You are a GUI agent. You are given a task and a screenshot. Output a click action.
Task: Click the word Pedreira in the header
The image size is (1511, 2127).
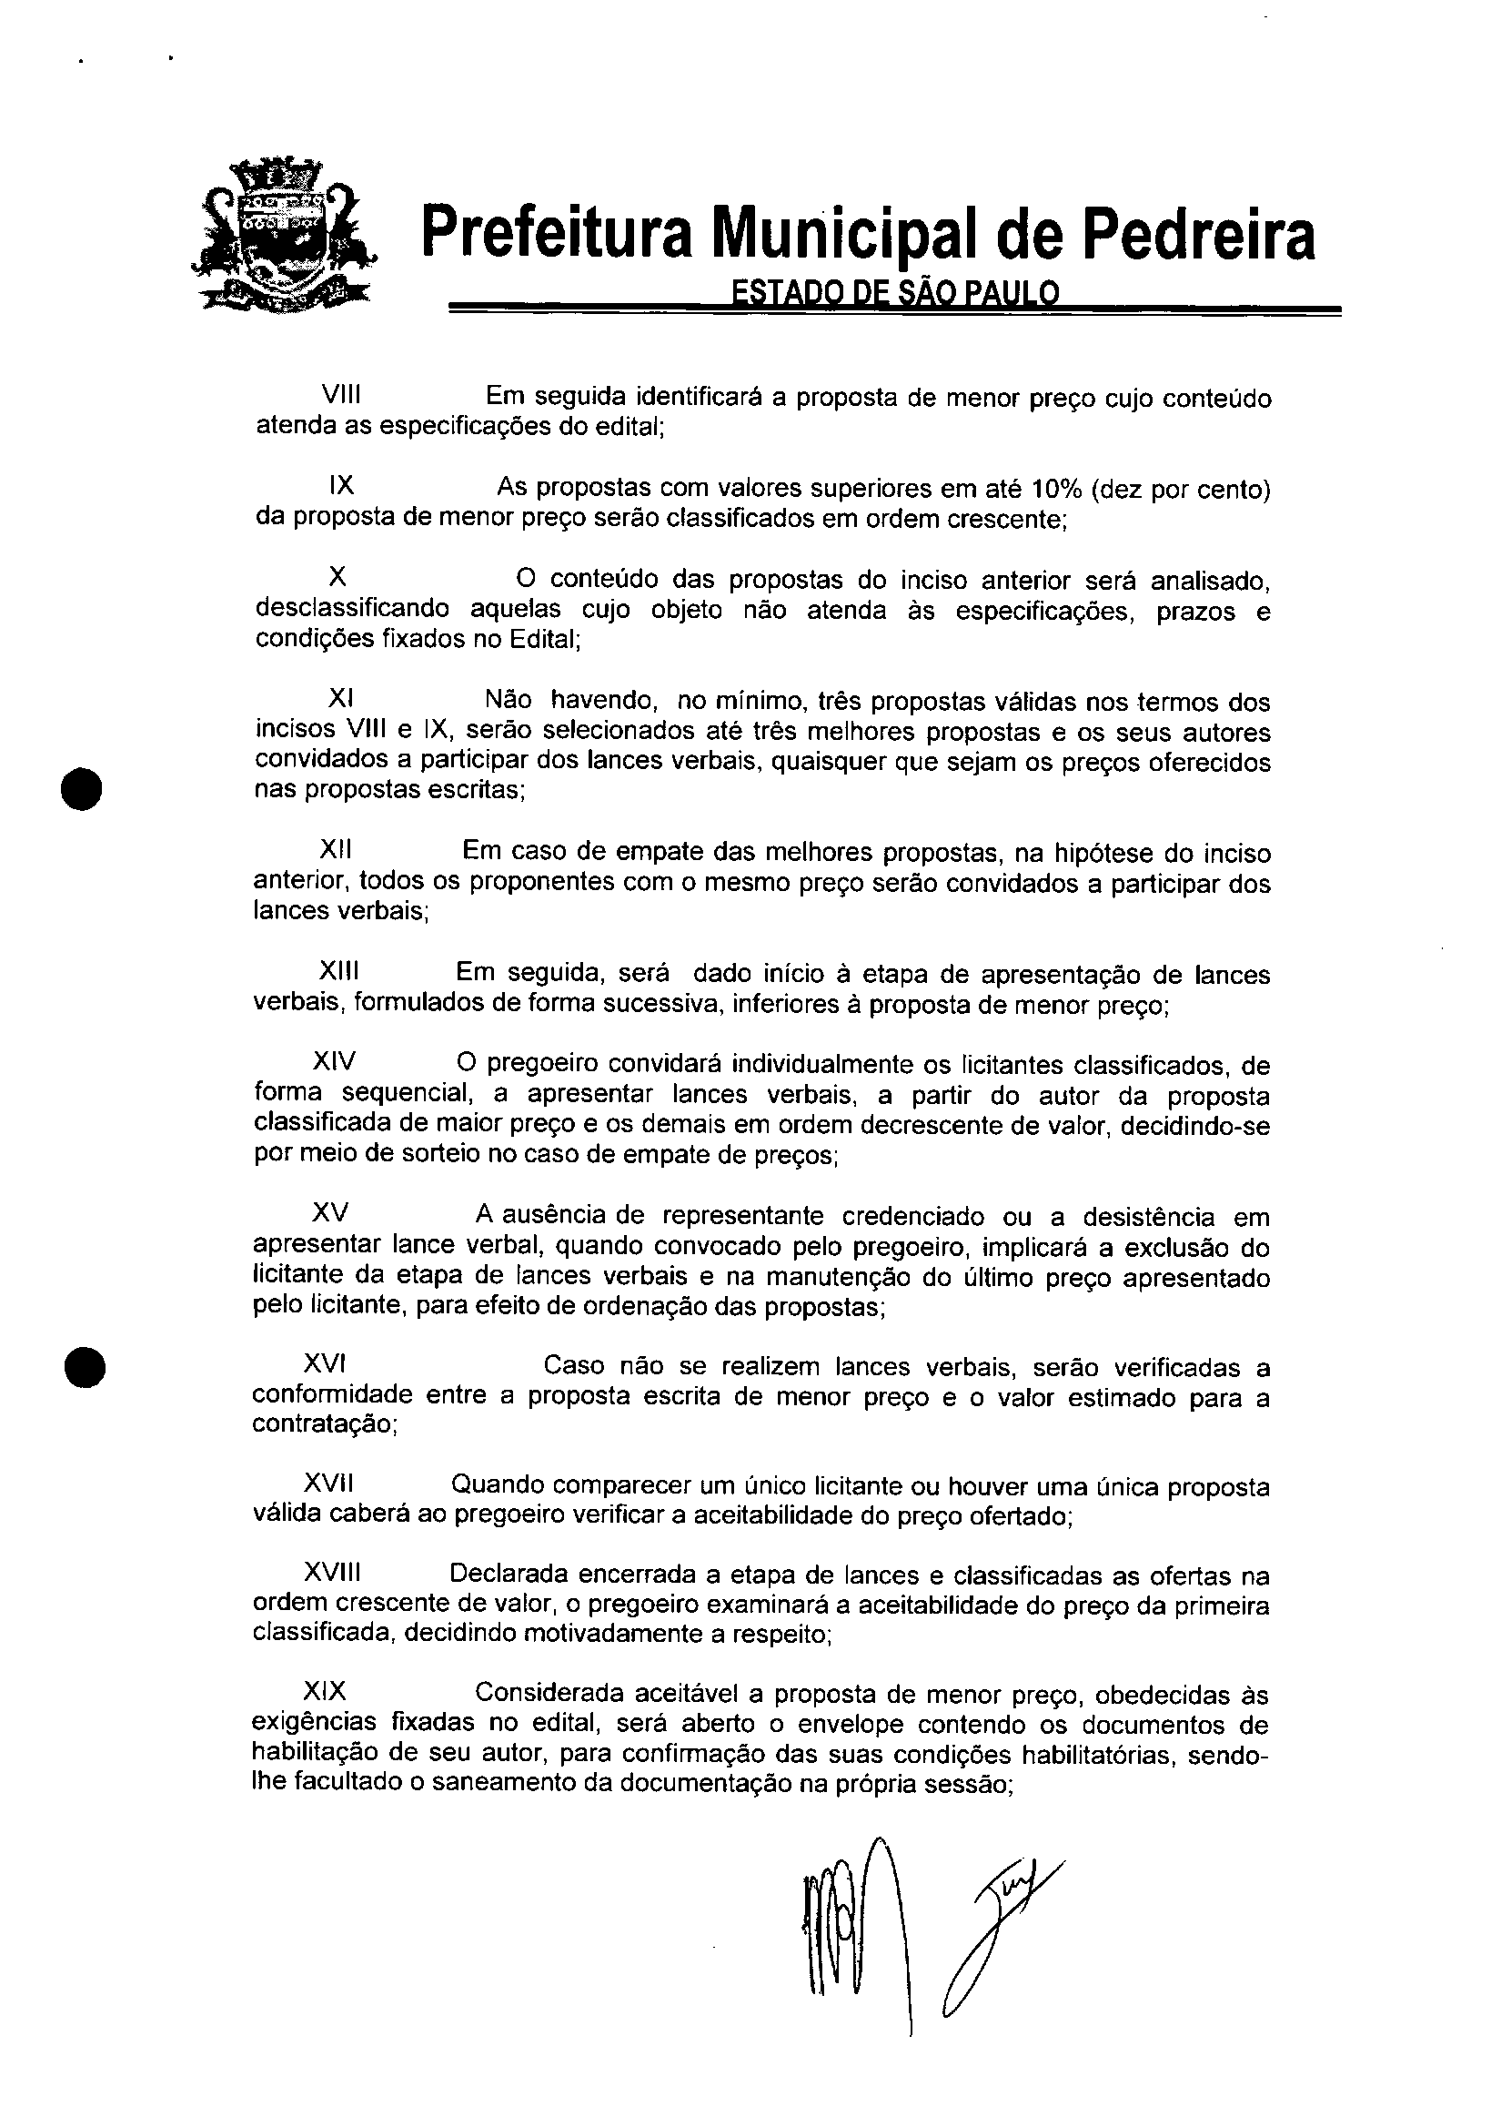coord(1201,235)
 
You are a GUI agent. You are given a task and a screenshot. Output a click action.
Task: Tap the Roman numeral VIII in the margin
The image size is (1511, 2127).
coord(340,395)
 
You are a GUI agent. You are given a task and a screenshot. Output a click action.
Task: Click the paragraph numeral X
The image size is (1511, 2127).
coord(337,577)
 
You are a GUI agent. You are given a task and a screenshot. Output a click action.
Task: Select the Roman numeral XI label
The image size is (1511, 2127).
coord(340,698)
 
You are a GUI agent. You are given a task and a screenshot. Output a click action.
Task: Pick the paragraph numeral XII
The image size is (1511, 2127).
coord(336,850)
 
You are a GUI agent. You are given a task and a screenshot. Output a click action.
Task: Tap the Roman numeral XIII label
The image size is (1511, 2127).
coord(338,972)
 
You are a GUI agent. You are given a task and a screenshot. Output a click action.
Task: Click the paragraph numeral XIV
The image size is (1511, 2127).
coord(334,1061)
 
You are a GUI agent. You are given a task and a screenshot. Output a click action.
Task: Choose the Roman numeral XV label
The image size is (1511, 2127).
coord(330,1213)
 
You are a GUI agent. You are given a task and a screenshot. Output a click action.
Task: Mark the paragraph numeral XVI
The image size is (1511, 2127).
coord(326,1364)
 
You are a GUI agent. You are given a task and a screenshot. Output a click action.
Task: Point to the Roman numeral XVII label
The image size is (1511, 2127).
coord(328,1484)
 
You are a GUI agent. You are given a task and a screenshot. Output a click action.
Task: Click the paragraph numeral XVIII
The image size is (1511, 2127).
coord(332,1573)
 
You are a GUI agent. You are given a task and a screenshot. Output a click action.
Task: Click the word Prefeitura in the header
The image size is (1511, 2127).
coord(558,235)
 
